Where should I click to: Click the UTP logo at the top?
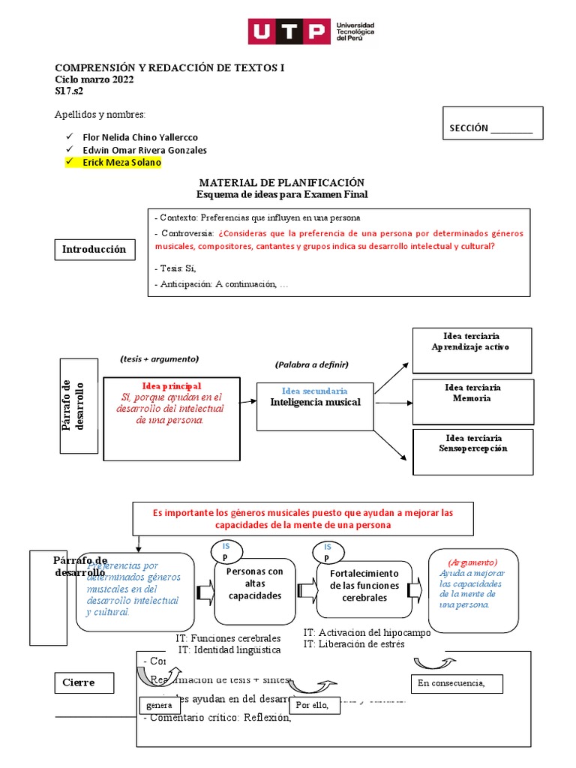click(x=310, y=32)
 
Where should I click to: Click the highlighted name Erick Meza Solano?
click(x=121, y=163)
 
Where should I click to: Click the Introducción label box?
click(x=94, y=250)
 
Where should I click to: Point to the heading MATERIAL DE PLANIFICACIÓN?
click(x=281, y=183)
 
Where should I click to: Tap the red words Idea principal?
click(x=172, y=386)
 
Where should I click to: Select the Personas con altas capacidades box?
click(x=254, y=583)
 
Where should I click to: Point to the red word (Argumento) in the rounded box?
click(x=472, y=562)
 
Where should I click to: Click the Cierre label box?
click(x=85, y=683)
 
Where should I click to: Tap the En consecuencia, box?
click(x=457, y=683)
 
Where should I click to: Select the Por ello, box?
click(x=313, y=705)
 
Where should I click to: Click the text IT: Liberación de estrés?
click(x=354, y=644)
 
